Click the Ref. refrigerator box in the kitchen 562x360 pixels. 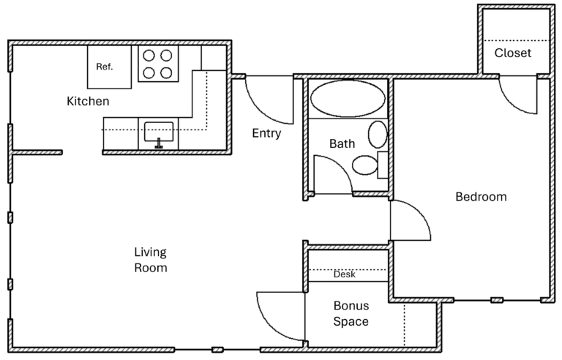[x=110, y=67]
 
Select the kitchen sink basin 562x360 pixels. [x=158, y=132]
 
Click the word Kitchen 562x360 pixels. [x=88, y=101]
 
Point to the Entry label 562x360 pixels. [x=266, y=133]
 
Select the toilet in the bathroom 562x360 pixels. [x=365, y=165]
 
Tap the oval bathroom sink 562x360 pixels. [x=378, y=135]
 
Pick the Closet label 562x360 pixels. [x=513, y=53]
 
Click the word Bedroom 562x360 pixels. [x=481, y=197]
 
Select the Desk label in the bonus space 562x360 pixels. [x=345, y=275]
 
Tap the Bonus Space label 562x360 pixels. [x=351, y=313]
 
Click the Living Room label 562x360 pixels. [x=150, y=260]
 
